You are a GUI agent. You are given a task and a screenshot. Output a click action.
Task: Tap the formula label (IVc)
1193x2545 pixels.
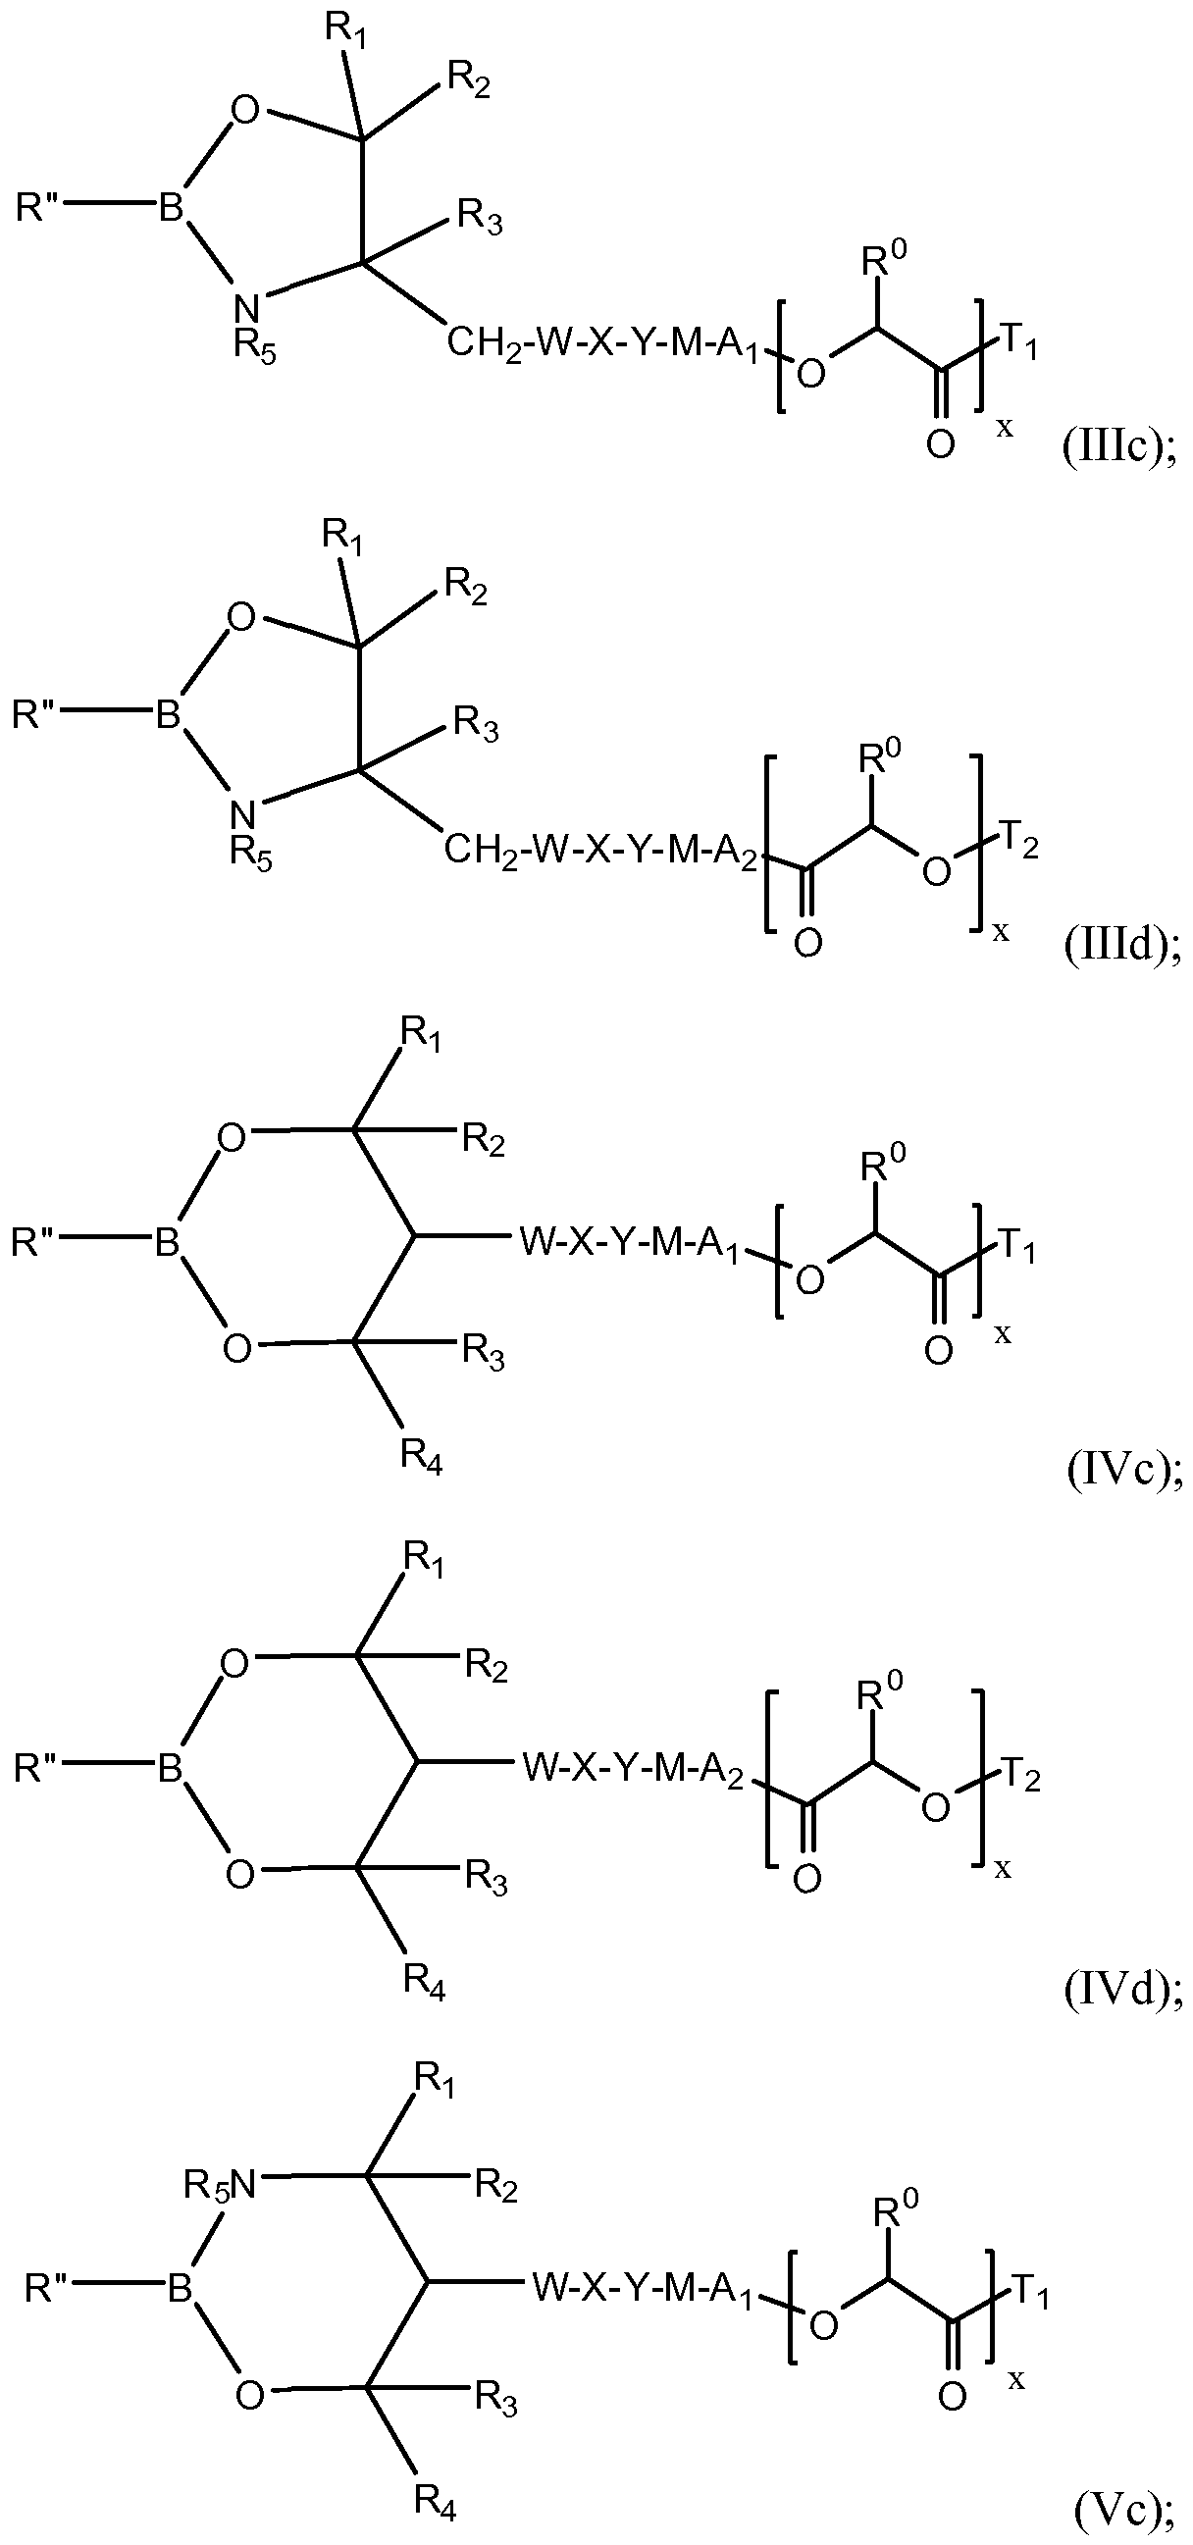point(1123,1474)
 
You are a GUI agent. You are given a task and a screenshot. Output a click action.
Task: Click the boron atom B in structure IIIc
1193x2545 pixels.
point(172,209)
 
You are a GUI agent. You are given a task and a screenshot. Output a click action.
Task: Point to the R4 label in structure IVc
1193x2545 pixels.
point(421,1457)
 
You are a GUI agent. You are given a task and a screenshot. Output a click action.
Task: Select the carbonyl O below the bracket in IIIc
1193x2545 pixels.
point(940,444)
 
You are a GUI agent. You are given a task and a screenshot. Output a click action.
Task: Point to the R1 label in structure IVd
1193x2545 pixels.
point(424,1561)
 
